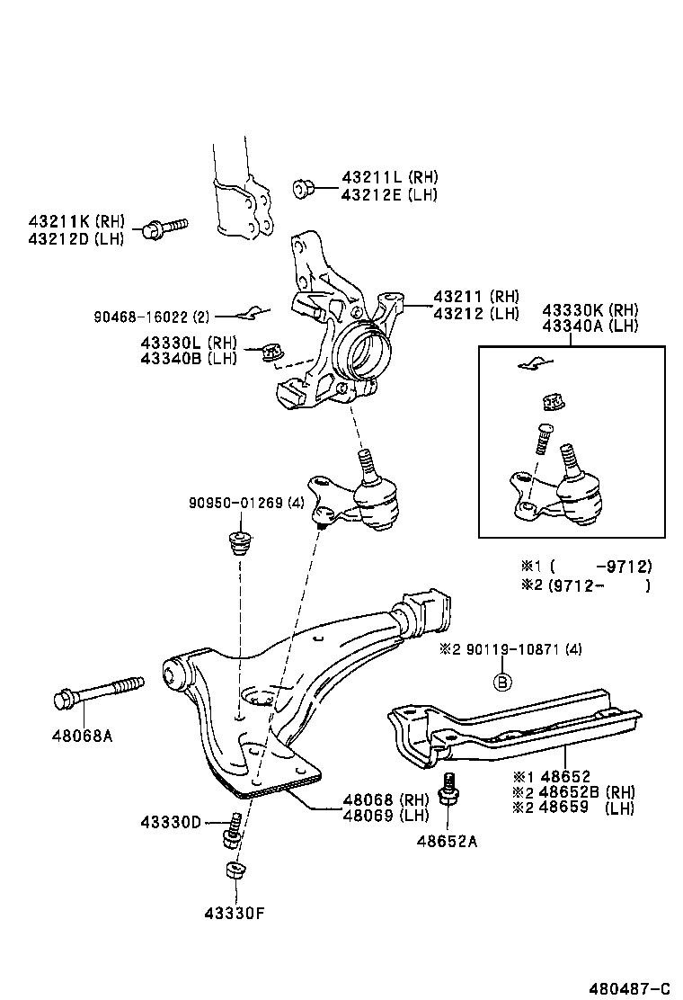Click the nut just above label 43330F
pos(235,871)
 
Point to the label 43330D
pos(172,822)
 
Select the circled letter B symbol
pos(503,683)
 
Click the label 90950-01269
pos(236,503)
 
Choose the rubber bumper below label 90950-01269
pos(239,544)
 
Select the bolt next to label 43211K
pos(163,227)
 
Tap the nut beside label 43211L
pos(303,188)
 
